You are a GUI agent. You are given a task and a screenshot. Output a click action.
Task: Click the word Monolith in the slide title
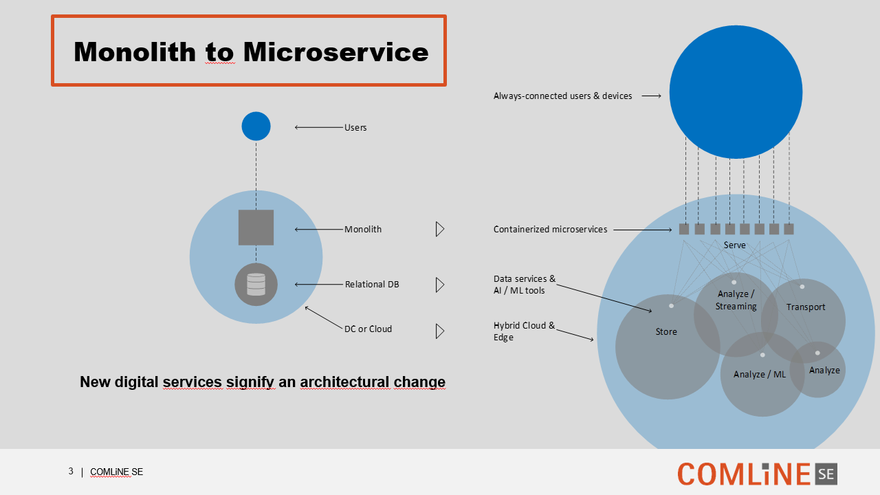point(135,52)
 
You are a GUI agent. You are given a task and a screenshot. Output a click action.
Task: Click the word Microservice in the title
point(336,52)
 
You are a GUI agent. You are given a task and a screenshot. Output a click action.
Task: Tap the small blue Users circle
point(256,126)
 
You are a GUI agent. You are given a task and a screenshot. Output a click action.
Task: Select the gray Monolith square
point(256,228)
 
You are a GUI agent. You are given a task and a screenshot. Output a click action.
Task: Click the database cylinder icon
point(256,285)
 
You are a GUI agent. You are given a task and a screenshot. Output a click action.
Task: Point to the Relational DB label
point(372,284)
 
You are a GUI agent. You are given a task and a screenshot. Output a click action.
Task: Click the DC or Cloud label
point(368,329)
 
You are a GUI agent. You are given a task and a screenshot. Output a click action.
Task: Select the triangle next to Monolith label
point(440,229)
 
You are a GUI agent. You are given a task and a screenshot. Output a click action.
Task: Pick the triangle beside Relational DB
point(440,285)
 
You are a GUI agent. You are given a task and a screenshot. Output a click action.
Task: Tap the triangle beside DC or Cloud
point(440,331)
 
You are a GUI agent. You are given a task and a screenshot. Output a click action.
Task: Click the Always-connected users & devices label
point(562,96)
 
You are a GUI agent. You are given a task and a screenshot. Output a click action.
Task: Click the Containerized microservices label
point(551,229)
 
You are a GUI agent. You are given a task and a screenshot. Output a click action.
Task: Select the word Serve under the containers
point(735,245)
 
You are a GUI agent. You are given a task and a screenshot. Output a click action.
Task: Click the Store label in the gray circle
point(666,331)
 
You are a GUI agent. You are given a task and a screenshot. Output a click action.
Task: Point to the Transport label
point(806,307)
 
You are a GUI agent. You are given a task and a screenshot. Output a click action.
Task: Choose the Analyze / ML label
point(760,375)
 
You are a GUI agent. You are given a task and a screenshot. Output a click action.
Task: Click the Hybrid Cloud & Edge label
point(524,331)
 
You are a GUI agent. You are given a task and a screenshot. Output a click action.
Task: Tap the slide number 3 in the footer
point(71,471)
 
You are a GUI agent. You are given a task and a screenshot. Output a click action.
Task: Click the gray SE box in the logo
point(826,474)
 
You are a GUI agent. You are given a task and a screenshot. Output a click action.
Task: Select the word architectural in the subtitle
point(344,382)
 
